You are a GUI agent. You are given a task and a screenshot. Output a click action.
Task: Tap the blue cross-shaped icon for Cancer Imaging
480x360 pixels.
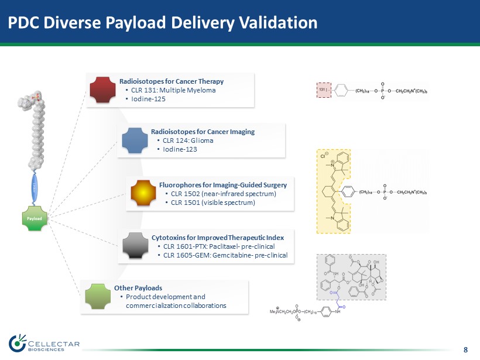[x=135, y=140]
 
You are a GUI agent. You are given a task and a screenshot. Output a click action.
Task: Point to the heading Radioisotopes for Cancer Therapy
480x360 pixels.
[x=172, y=81]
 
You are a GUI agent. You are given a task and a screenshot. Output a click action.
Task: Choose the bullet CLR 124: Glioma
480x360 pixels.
[x=187, y=140]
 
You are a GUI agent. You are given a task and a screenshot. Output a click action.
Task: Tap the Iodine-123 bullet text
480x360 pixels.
[x=180, y=149]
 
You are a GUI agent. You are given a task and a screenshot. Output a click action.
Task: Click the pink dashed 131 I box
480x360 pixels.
[x=326, y=91]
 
